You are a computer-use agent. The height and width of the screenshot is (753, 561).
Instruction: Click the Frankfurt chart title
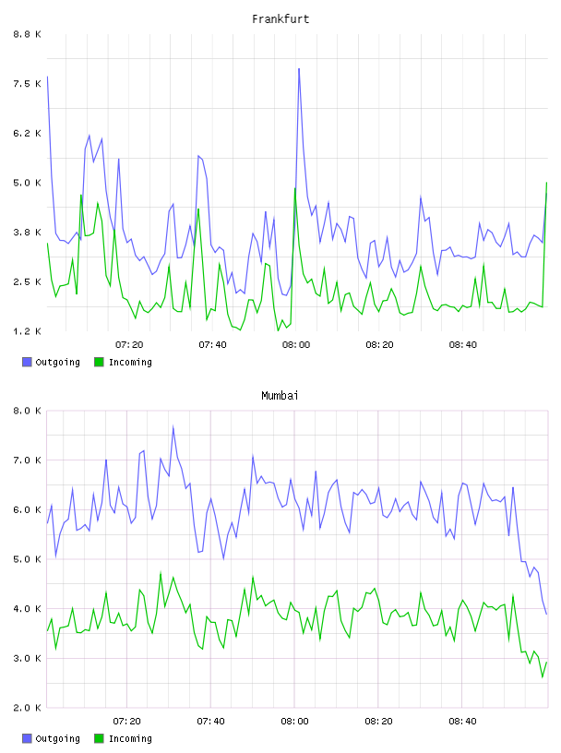280,19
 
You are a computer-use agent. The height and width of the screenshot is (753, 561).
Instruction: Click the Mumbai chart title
280,396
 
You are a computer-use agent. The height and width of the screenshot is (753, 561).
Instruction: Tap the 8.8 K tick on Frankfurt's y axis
28,34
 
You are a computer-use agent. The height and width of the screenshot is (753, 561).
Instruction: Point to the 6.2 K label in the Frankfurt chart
28,134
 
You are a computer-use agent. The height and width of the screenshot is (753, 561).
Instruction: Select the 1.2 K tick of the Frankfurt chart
28,331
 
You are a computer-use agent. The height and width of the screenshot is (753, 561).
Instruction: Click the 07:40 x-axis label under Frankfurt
213,345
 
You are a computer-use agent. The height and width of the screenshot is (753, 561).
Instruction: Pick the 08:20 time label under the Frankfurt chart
379,345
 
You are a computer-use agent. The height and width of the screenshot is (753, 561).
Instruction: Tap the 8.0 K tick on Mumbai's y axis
28,411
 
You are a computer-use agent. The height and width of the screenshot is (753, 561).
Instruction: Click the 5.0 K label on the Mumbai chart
28,559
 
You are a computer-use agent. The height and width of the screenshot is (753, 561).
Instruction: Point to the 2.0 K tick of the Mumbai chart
28,708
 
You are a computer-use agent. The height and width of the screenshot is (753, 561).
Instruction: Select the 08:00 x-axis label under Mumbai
294,722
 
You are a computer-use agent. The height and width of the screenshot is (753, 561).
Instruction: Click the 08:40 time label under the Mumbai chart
462,722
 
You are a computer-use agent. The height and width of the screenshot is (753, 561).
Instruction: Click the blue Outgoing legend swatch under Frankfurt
27,362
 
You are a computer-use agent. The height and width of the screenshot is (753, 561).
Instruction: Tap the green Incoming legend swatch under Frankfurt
99,362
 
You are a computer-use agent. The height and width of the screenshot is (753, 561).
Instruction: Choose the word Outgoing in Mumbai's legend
57,738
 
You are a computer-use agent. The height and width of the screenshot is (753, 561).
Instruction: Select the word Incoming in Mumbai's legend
130,738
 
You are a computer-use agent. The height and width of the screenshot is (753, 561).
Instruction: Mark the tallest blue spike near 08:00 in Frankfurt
299,68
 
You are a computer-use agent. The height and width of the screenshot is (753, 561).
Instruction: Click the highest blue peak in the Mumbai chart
173,426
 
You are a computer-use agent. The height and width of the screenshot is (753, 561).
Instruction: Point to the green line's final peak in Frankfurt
546,183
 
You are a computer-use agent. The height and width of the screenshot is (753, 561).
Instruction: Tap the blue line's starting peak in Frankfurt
47,76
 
